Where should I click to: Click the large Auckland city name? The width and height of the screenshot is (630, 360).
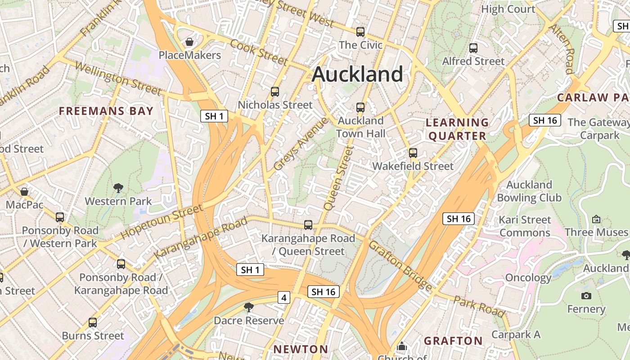(x=357, y=74)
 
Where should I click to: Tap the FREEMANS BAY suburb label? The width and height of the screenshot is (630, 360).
(x=106, y=111)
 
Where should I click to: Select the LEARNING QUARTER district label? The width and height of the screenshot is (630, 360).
(x=458, y=129)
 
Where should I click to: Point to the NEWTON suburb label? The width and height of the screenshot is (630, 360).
(x=301, y=349)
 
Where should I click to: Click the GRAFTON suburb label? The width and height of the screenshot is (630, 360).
(x=453, y=341)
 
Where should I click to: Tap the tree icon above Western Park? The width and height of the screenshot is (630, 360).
(x=118, y=188)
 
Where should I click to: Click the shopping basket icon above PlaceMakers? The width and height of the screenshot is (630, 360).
(x=190, y=42)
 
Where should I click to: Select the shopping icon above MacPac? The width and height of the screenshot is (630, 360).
(x=25, y=192)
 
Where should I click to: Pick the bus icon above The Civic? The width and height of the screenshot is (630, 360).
(x=360, y=32)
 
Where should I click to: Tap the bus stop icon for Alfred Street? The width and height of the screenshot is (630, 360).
(x=473, y=48)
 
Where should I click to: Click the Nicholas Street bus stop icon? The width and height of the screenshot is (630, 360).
(x=275, y=92)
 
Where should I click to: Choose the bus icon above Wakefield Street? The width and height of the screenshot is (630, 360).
(x=413, y=153)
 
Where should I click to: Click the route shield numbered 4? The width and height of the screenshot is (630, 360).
(x=283, y=297)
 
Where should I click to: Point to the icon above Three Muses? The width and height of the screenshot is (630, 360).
(x=596, y=219)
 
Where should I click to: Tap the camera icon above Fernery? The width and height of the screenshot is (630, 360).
(x=586, y=296)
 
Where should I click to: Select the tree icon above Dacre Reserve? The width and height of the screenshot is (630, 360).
(x=248, y=307)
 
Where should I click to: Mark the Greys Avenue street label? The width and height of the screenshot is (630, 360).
(x=301, y=144)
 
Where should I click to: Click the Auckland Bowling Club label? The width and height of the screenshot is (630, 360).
(x=529, y=191)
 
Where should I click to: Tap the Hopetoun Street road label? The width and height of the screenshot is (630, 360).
(x=162, y=222)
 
